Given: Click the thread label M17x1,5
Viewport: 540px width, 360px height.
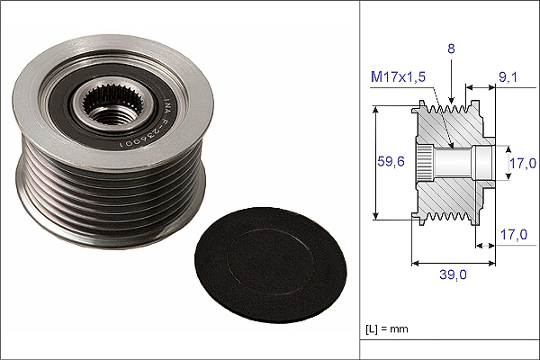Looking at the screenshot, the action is click(x=398, y=76).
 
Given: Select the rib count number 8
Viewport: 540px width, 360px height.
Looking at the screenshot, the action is click(x=451, y=49).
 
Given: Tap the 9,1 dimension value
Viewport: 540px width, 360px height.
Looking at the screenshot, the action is click(x=508, y=77).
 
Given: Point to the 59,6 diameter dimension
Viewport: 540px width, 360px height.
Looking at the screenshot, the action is click(x=391, y=161).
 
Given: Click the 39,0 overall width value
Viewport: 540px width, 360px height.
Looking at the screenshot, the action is click(x=454, y=274).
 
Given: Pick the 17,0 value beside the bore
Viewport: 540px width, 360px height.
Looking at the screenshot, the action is click(x=523, y=163).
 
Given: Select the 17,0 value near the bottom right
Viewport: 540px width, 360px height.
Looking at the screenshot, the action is click(x=514, y=235).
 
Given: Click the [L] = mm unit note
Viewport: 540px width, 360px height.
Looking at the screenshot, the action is click(x=387, y=329).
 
